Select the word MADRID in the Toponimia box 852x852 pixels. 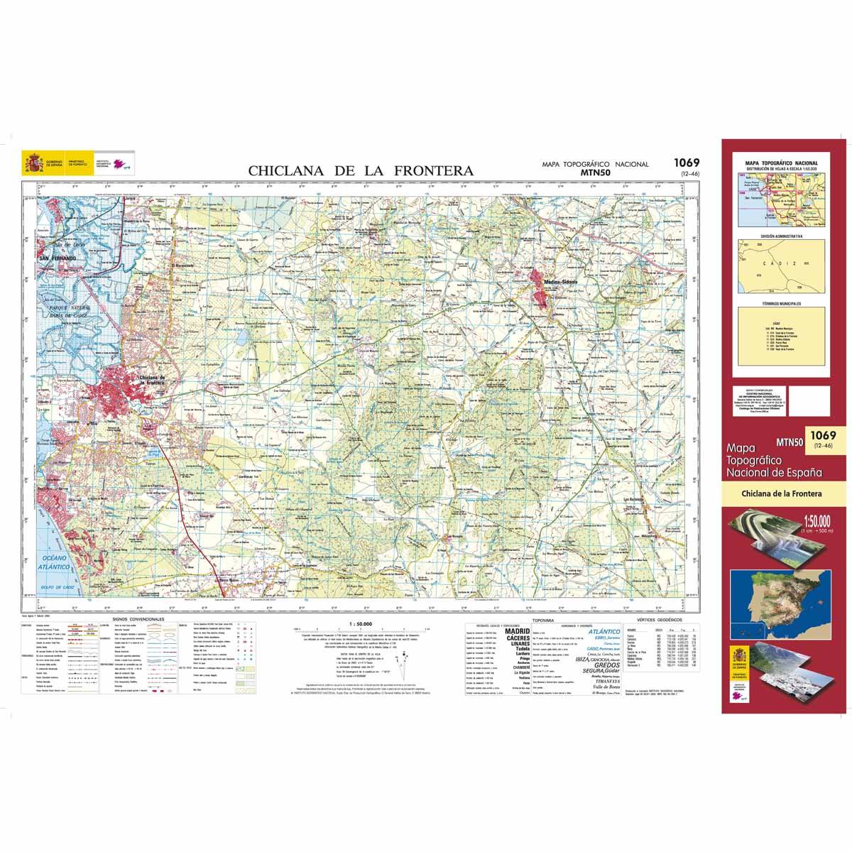[x=518, y=630]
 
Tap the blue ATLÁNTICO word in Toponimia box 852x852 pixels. [x=605, y=630]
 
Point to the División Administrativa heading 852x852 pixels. [x=781, y=235]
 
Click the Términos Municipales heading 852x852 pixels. [x=781, y=303]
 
